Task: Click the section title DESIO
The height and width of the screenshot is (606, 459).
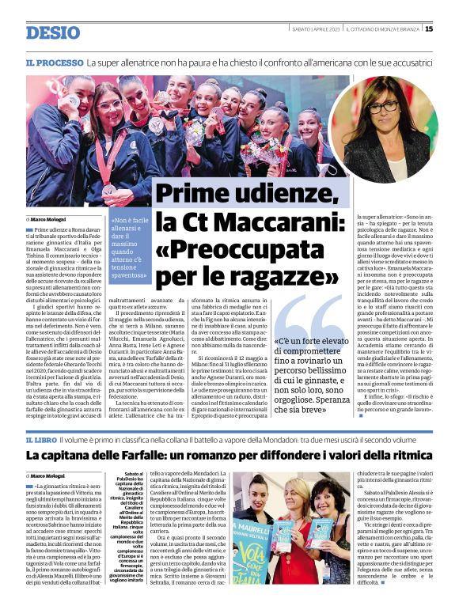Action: (x=52, y=32)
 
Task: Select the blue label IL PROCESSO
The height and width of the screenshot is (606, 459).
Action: (x=54, y=62)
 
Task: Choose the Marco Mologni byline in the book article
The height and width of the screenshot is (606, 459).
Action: (x=49, y=475)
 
